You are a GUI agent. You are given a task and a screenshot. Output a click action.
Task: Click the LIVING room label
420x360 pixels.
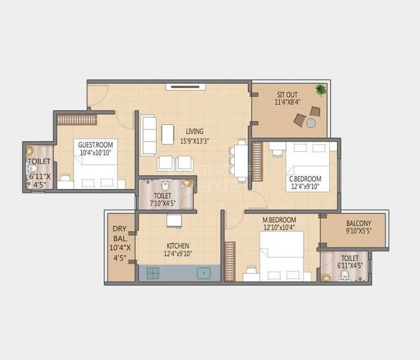tap(194, 131)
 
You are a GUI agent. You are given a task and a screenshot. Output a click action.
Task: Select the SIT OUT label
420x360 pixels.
tap(288, 95)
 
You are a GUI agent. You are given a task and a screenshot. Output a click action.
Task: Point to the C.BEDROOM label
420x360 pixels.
tap(305, 179)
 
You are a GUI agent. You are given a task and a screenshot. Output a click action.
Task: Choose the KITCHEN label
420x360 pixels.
tap(178, 246)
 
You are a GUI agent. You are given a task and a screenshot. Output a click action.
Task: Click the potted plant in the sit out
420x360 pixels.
tap(321, 90)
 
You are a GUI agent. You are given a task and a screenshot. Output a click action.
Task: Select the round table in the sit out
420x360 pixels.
tap(311, 122)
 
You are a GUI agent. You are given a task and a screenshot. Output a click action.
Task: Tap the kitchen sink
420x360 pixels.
tap(204, 274)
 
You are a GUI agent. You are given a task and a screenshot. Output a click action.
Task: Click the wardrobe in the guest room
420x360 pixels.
tap(77, 119)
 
